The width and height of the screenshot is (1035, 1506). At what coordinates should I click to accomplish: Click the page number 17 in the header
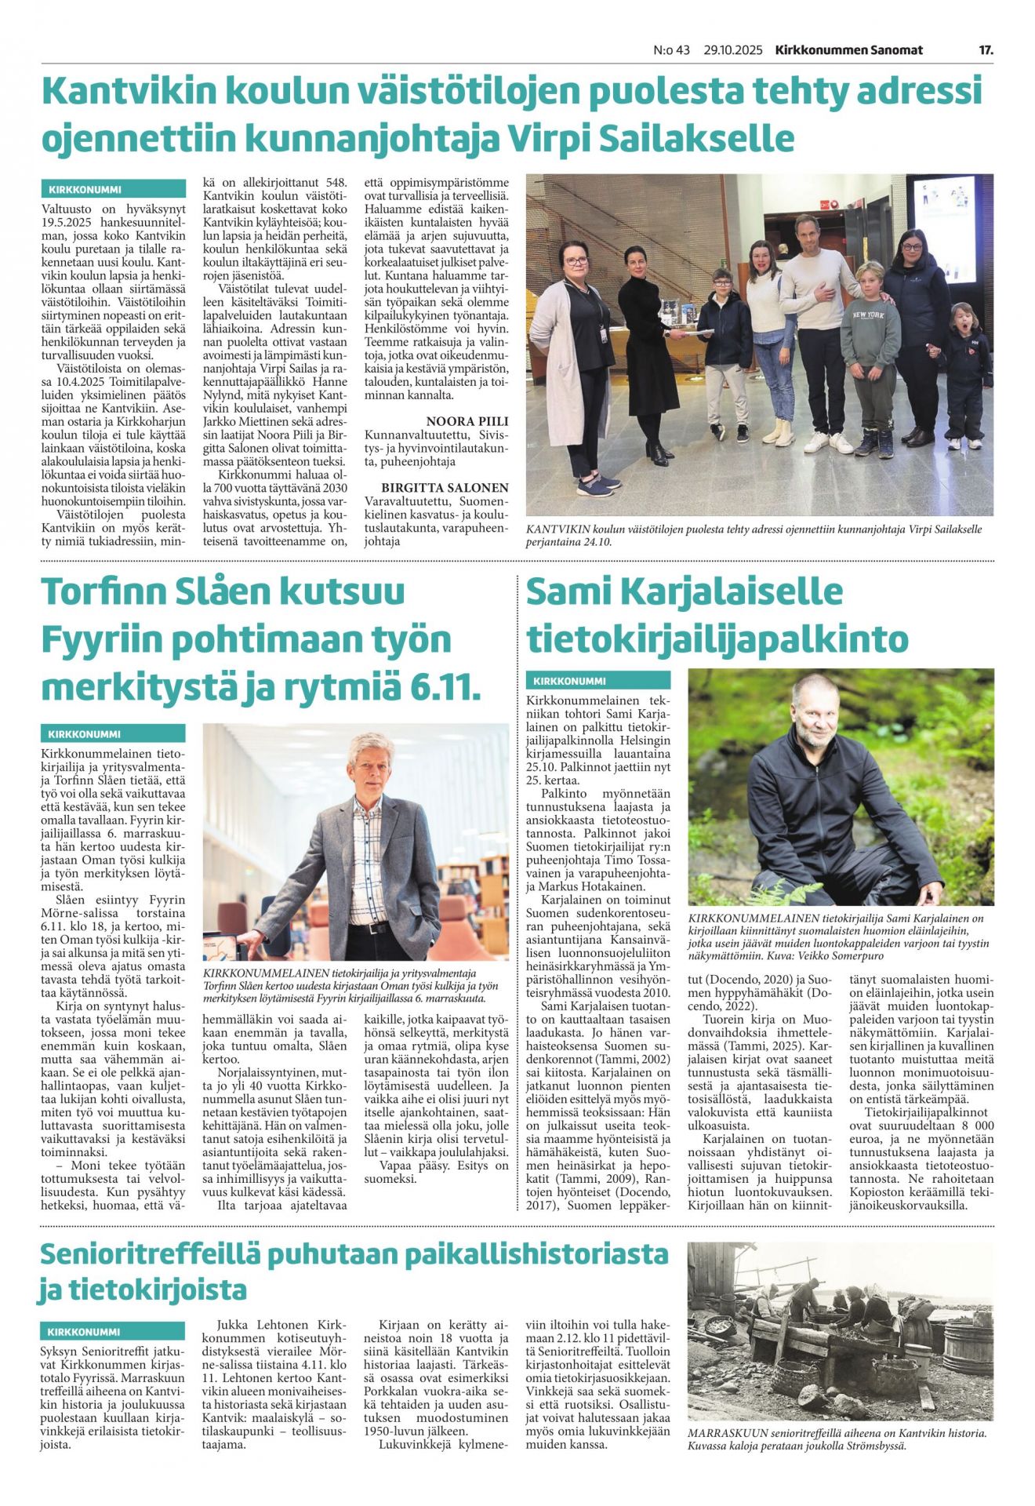click(986, 50)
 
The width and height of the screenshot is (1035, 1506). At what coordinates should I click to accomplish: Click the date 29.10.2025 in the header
click(732, 50)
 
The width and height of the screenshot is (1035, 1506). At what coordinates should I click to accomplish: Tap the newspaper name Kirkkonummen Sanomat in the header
click(848, 50)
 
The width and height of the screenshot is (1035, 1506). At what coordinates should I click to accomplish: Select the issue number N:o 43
click(671, 50)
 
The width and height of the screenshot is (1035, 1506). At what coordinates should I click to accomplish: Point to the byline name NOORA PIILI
click(462, 421)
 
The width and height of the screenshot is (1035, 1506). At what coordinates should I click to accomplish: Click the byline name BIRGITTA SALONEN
click(445, 487)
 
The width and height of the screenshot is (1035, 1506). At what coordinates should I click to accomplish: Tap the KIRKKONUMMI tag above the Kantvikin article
click(85, 189)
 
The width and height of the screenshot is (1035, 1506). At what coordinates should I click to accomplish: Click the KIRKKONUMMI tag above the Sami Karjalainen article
click(570, 681)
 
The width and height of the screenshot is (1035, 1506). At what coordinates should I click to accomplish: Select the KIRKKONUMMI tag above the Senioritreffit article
click(84, 1332)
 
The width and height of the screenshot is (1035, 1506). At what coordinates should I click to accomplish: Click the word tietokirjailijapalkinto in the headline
click(717, 639)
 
